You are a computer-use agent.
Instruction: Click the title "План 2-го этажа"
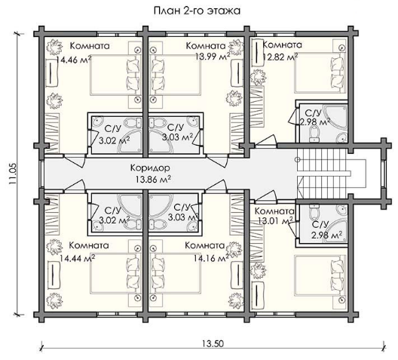(197, 11)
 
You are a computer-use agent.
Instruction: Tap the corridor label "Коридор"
(150, 168)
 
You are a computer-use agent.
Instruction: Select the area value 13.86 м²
(153, 179)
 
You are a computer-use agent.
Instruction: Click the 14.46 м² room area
(74, 60)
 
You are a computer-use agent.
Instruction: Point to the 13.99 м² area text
(213, 56)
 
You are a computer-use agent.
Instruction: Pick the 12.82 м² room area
(280, 57)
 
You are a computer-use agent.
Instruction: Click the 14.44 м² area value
(78, 258)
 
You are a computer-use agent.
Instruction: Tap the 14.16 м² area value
(211, 258)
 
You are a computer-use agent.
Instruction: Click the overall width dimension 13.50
(213, 343)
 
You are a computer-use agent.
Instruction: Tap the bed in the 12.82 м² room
(320, 72)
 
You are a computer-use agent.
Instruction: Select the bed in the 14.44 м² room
(115, 273)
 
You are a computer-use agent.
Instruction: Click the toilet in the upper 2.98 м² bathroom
(314, 134)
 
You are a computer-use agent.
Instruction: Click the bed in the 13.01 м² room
(320, 276)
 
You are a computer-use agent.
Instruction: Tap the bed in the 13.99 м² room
(176, 75)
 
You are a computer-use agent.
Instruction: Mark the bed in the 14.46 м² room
(115, 75)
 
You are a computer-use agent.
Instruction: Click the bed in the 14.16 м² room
(176, 273)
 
